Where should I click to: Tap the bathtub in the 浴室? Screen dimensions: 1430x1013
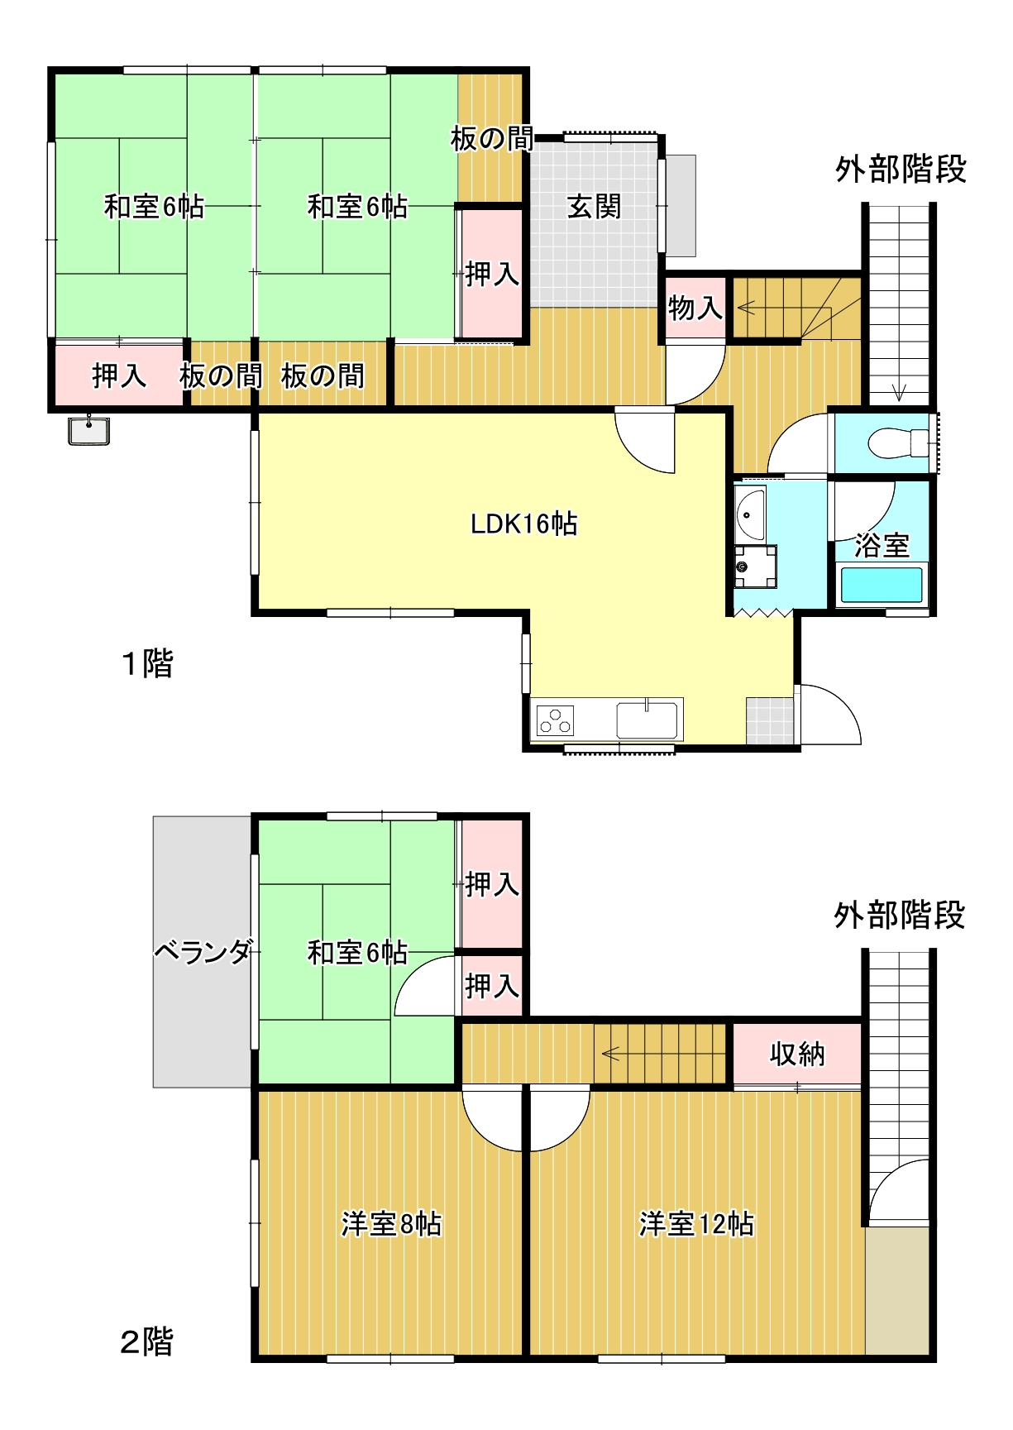click(881, 585)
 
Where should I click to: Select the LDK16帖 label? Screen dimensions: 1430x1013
click(523, 524)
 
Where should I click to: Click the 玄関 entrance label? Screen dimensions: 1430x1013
click(594, 207)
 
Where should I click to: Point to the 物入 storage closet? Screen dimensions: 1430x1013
click(695, 308)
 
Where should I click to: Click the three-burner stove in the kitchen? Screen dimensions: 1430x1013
click(556, 720)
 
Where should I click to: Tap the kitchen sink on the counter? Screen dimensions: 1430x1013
click(647, 720)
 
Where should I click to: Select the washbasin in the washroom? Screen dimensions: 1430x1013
click(751, 514)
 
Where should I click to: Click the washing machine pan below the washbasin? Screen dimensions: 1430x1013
click(755, 567)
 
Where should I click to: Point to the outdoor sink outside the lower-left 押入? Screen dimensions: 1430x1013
click(88, 431)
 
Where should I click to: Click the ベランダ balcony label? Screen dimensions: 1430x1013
click(203, 952)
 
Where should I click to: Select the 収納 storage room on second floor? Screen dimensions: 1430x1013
click(797, 1054)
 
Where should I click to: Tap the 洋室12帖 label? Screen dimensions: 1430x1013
click(696, 1223)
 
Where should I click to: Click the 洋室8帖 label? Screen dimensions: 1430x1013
click(391, 1223)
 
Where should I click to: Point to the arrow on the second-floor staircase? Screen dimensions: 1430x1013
click(610, 1054)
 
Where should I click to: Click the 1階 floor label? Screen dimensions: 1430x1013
click(147, 663)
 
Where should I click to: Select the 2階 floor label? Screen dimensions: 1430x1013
click(147, 1341)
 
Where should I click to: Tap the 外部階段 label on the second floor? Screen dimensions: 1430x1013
click(900, 916)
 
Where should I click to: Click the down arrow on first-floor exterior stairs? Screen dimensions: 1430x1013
click(899, 392)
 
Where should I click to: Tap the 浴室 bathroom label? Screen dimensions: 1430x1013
click(882, 545)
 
